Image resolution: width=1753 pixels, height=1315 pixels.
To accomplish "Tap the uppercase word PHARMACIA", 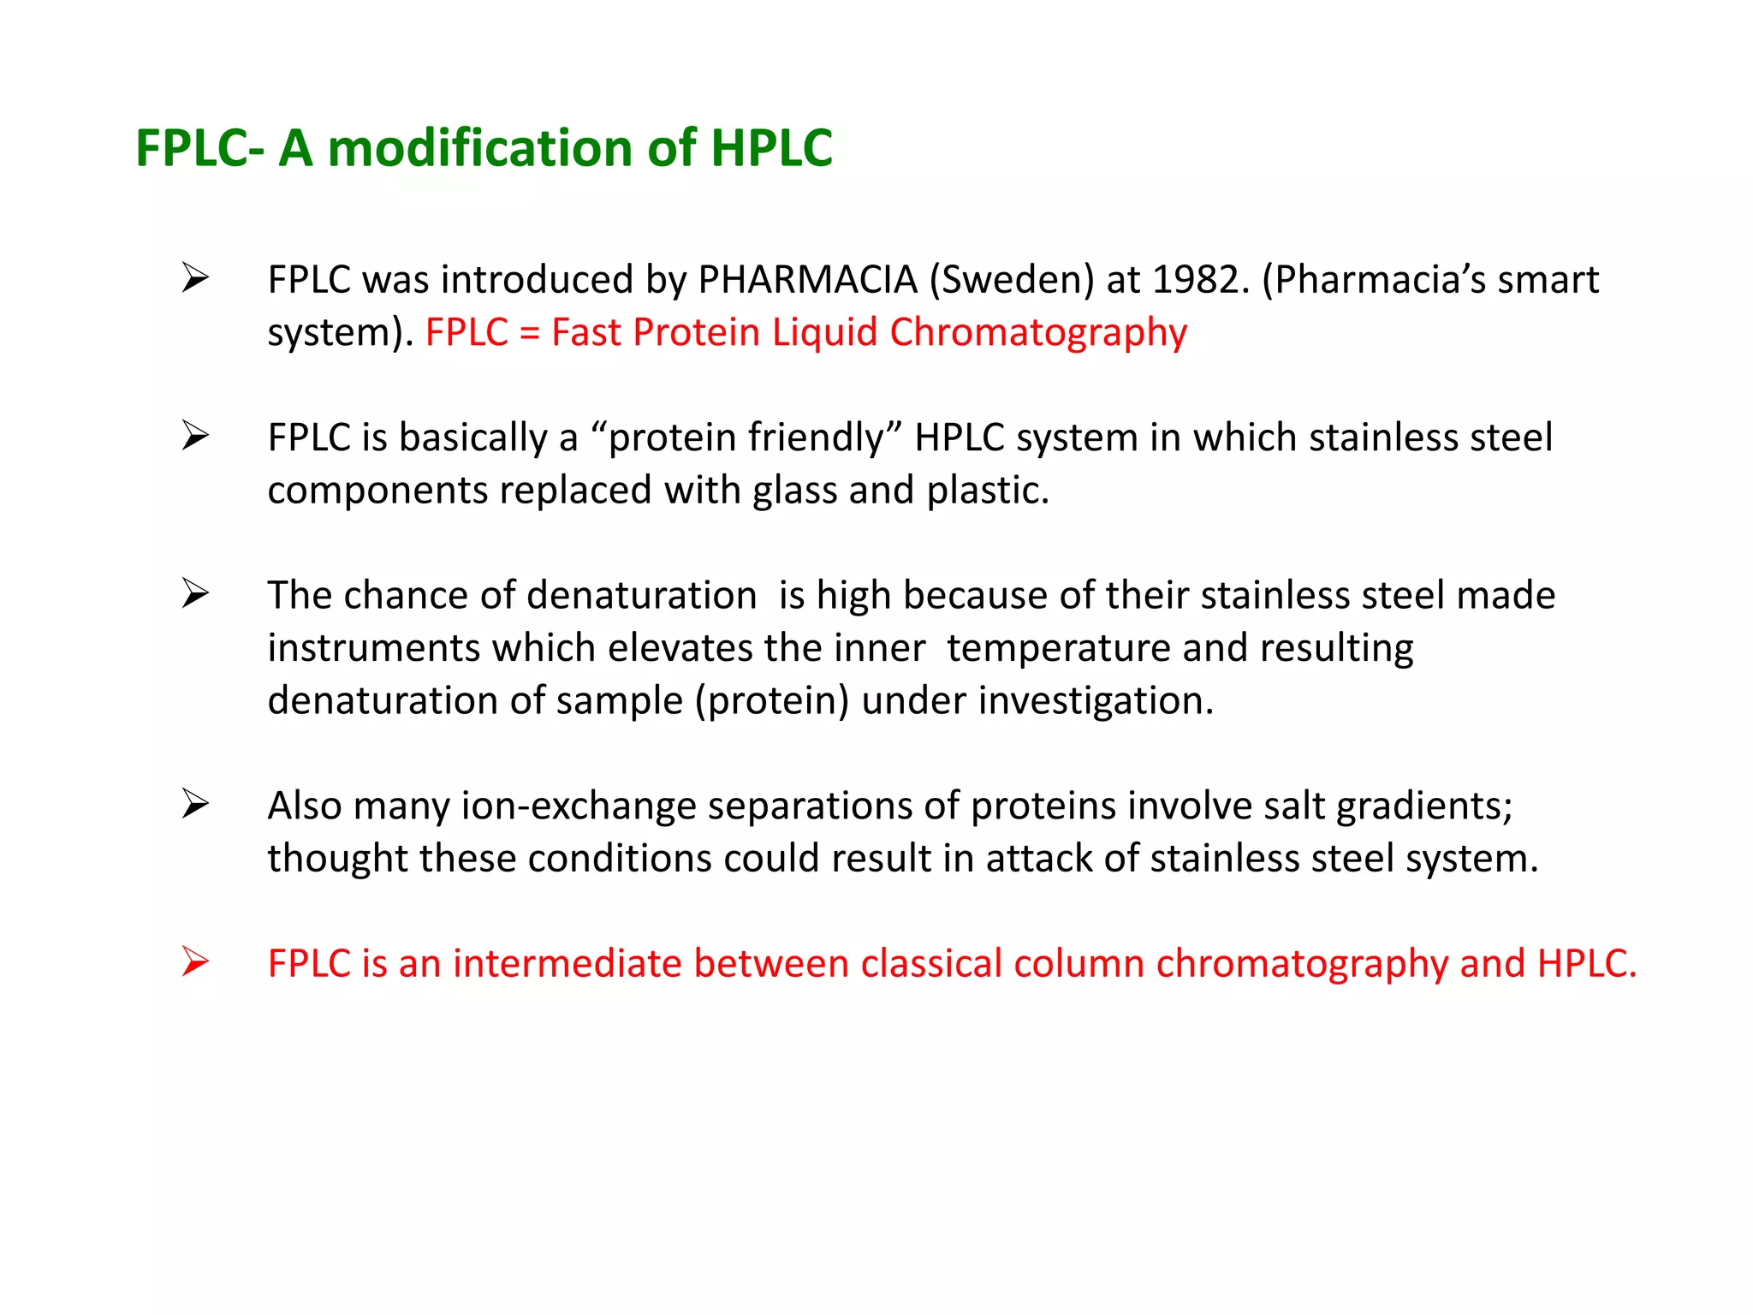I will coord(807,280).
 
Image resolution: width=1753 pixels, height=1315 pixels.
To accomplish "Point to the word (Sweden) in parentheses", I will coord(1012,280).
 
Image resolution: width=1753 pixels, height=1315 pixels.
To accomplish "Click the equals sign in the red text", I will coord(530,332).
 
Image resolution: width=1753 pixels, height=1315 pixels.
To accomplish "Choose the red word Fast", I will coord(585,332).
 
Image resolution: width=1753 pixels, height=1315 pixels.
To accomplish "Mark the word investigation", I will coord(1096,701).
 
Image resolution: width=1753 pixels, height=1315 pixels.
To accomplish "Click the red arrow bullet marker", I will coord(195,962).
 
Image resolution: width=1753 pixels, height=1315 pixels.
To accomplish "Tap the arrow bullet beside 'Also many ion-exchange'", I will coord(195,805).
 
